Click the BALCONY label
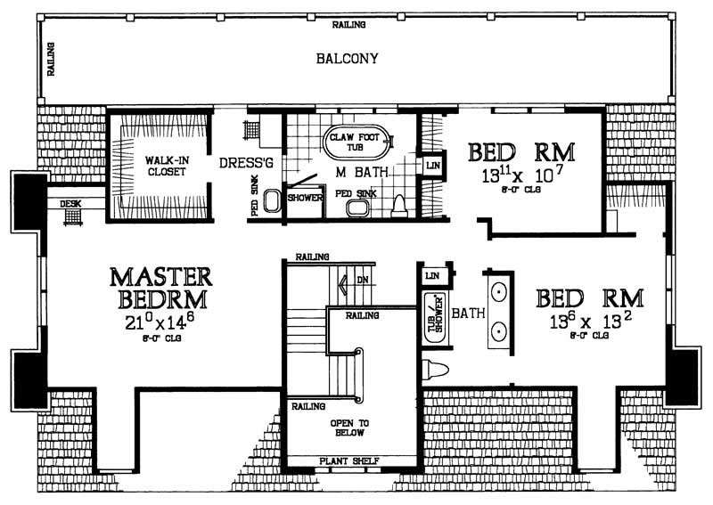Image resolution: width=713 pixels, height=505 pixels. [348, 60]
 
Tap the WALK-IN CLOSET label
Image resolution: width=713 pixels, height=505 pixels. [160, 167]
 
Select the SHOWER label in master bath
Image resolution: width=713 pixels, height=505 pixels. [304, 198]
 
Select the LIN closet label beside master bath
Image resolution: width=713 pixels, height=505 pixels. [432, 167]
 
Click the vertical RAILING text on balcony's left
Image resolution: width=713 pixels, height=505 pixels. [51, 60]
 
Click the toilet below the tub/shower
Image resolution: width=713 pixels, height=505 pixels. [436, 367]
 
